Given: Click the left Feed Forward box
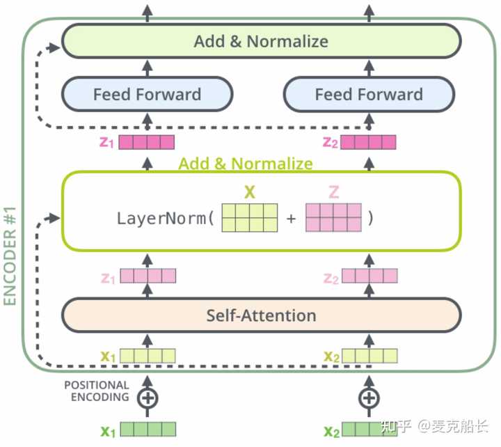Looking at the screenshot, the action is pyautogui.click(x=148, y=94).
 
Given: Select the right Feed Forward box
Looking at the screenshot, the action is pyautogui.click(x=369, y=94).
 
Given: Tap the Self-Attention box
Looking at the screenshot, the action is pyautogui.click(x=262, y=315).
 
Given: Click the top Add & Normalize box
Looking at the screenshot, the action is pyautogui.click(x=262, y=41).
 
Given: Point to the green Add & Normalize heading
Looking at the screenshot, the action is pyautogui.click(x=246, y=164).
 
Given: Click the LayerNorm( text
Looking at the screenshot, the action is pyautogui.click(x=166, y=219).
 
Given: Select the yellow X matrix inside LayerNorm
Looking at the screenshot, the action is pyautogui.click(x=250, y=218).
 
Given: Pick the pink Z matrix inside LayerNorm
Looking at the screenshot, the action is pyautogui.click(x=333, y=218).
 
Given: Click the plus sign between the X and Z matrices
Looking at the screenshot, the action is pyautogui.click(x=291, y=219).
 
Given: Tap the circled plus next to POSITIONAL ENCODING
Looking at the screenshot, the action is pyautogui.click(x=148, y=398).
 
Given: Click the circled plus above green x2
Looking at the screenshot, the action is pyautogui.click(x=369, y=398).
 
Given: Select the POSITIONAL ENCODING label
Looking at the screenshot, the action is pyautogui.click(x=97, y=391).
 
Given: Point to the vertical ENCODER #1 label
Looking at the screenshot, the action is pyautogui.click(x=10, y=256).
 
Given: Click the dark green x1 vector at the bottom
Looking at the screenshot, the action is pyautogui.click(x=148, y=430).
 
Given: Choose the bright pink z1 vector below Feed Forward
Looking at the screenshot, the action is pyautogui.click(x=147, y=142).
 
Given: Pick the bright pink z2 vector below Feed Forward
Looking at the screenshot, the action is pyautogui.click(x=368, y=142).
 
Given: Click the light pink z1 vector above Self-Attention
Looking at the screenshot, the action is pyautogui.click(x=148, y=276).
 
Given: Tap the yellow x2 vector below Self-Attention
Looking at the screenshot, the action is pyautogui.click(x=369, y=356).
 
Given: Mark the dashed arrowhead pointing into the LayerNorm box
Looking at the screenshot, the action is pyautogui.click(x=53, y=219).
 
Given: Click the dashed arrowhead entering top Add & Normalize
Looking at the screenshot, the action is pyautogui.click(x=53, y=48).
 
